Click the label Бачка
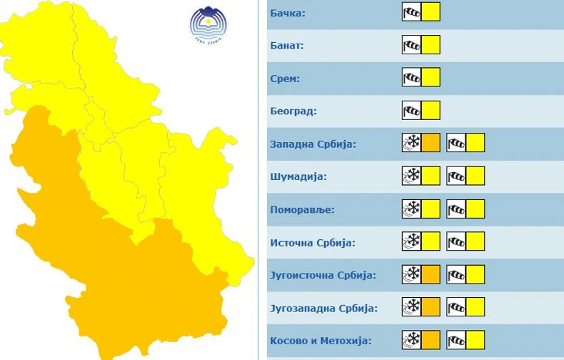click(288, 14)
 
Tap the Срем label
click(285, 79)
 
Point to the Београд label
click(293, 111)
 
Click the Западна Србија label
click(313, 144)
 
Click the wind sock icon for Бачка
click(411, 12)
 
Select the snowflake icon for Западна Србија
click(411, 143)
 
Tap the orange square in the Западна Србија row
click(430, 143)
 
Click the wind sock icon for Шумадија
click(456, 176)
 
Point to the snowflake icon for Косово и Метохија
click(411, 339)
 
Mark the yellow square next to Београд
click(430, 110)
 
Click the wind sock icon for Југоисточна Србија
click(456, 274)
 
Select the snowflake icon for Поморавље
click(411, 209)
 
